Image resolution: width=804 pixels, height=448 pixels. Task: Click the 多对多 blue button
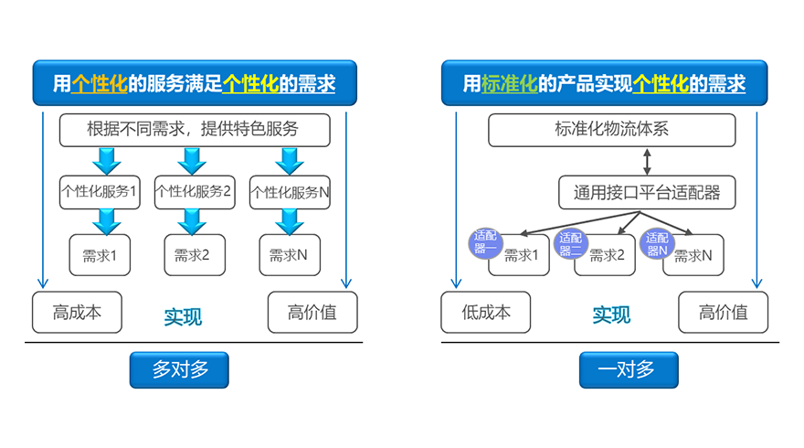pyautogui.click(x=179, y=370)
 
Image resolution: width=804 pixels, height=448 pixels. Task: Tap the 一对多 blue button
pyautogui.click(x=629, y=370)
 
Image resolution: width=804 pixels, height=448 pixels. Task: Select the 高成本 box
pyautogui.click(x=77, y=313)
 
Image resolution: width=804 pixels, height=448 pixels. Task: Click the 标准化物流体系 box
pyautogui.click(x=611, y=130)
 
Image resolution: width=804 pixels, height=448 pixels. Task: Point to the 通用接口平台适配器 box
pyautogui.click(x=647, y=192)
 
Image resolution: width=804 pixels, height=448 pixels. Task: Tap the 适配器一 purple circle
pyautogui.click(x=485, y=242)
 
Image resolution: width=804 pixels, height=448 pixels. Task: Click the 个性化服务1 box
pyautogui.click(x=100, y=192)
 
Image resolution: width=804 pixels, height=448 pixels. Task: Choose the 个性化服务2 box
pyautogui.click(x=194, y=192)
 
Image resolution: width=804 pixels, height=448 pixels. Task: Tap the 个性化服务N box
pyautogui.click(x=290, y=192)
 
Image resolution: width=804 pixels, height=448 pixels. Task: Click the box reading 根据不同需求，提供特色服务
pyautogui.click(x=193, y=130)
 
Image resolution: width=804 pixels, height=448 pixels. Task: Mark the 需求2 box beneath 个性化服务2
pyautogui.click(x=194, y=255)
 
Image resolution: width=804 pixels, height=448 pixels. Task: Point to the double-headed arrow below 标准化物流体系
pyautogui.click(x=648, y=162)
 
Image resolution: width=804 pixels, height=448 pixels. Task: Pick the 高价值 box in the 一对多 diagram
pyautogui.click(x=723, y=313)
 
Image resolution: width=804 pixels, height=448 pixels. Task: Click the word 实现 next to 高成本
pyautogui.click(x=183, y=317)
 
